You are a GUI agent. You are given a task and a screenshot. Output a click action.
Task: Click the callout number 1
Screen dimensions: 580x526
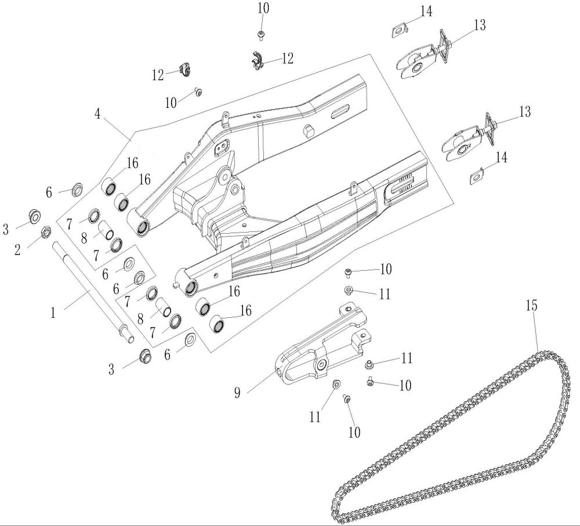[53, 313]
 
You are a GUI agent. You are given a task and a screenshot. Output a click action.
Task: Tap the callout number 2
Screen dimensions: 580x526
[17, 250]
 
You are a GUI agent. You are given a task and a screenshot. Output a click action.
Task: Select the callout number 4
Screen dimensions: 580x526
[97, 114]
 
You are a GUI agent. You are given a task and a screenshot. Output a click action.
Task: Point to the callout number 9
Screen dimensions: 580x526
[237, 393]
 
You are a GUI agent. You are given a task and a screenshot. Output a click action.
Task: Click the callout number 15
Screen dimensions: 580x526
[531, 306]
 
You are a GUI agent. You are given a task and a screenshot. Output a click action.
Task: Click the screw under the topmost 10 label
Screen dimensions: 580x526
[261, 35]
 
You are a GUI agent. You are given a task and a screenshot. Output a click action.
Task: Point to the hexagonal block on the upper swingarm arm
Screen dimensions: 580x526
[308, 130]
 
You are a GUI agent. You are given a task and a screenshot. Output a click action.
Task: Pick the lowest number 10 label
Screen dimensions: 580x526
[354, 431]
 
